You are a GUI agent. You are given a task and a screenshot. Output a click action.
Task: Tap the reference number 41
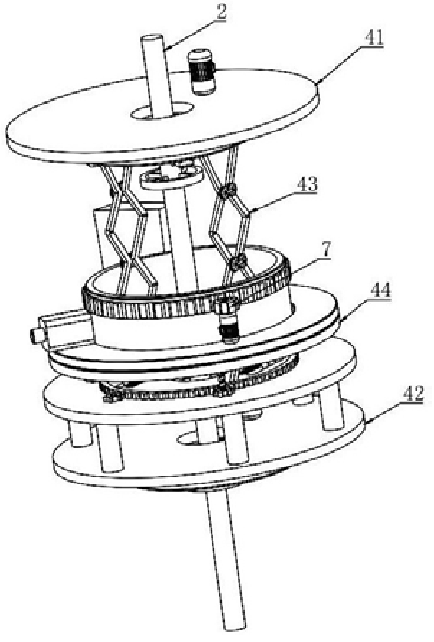pos(373,40)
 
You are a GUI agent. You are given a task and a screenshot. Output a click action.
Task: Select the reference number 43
pos(307,185)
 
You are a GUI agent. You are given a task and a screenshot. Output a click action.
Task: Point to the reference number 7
pos(326,250)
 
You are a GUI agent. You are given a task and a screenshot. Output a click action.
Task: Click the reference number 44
pos(380,292)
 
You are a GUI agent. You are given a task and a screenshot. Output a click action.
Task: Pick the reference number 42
pos(411,394)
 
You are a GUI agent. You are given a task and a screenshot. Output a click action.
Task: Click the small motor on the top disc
pos(202,72)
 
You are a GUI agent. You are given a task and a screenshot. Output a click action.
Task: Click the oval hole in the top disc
pos(163,110)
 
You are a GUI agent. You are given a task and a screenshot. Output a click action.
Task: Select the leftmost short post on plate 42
pos(79,435)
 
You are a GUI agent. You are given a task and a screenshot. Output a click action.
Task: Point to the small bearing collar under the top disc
pos(171,177)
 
